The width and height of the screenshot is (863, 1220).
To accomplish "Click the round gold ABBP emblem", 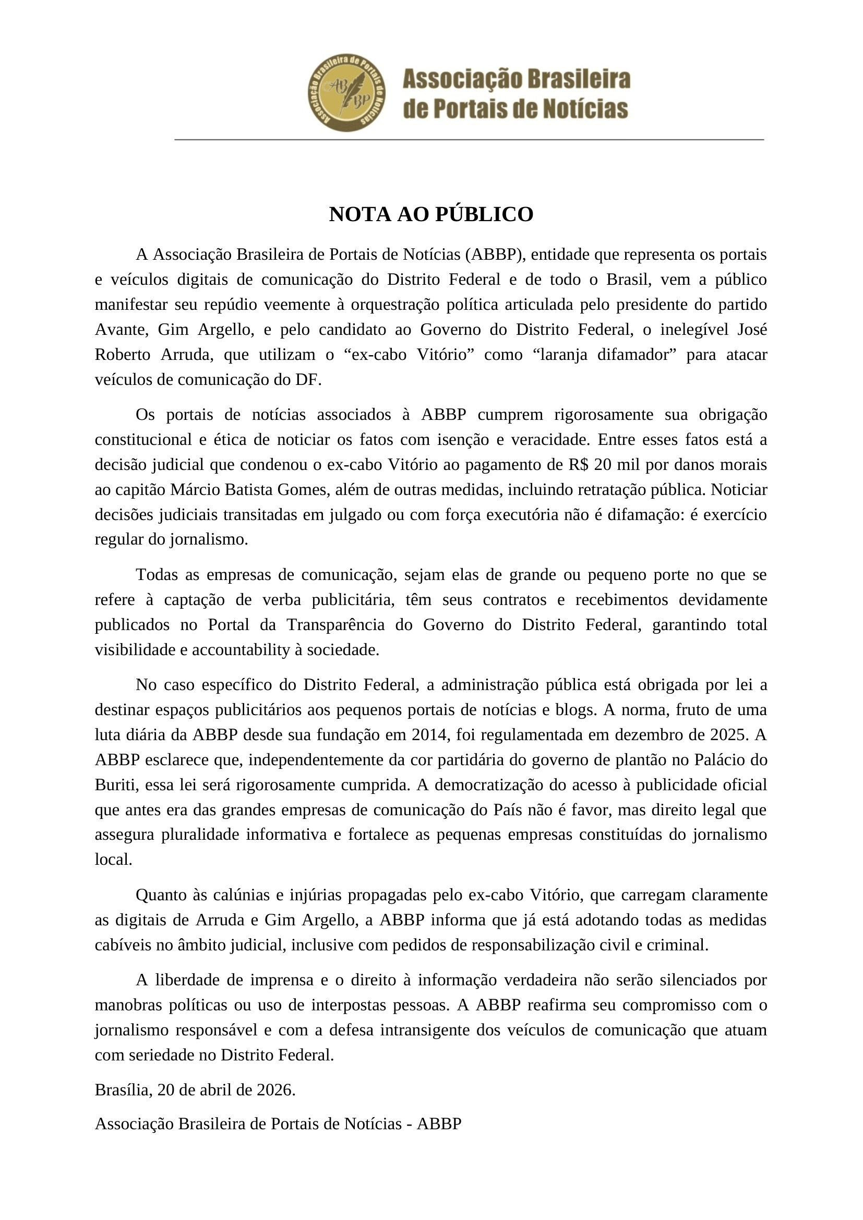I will point(347,92).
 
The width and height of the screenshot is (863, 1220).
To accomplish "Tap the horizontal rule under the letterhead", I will point(469,139).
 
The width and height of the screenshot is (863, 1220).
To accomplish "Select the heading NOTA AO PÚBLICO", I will point(431,214).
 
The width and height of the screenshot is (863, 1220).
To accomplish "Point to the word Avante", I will point(119,330).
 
